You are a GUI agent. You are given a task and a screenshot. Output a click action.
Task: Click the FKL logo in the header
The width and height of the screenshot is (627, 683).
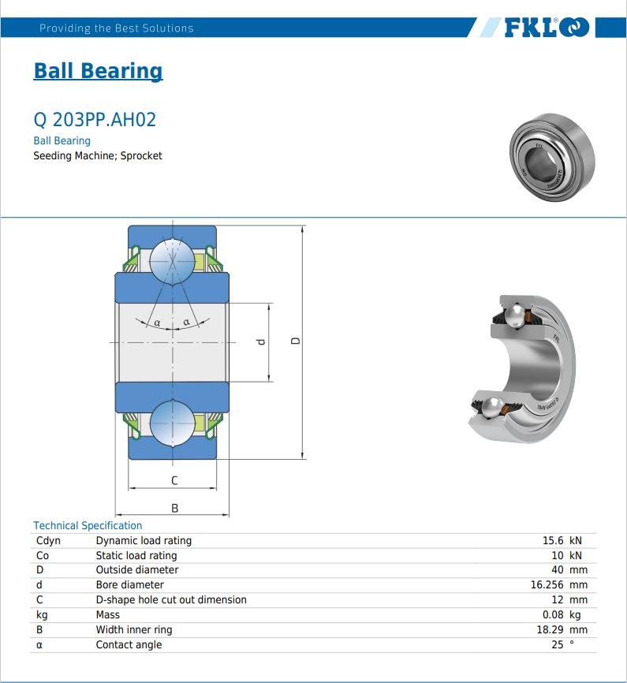[x=547, y=28]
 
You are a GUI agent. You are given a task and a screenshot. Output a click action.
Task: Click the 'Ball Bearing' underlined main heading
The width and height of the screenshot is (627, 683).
[x=98, y=71]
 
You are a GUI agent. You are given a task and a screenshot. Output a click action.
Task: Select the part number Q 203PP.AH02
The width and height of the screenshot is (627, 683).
[x=95, y=120]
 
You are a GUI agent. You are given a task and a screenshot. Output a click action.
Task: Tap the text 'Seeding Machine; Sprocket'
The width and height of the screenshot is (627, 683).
[x=98, y=155]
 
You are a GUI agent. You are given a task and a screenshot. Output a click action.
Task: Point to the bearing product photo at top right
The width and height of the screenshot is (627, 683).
[x=553, y=157]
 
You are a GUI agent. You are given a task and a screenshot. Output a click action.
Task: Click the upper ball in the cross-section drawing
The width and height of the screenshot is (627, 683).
[x=172, y=261]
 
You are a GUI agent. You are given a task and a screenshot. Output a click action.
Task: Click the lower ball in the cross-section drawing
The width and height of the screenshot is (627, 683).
[x=172, y=424]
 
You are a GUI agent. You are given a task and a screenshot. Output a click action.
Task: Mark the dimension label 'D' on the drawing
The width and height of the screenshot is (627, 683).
[x=296, y=341]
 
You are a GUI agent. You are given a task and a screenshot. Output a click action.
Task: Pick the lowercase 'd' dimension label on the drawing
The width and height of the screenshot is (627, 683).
[x=261, y=342]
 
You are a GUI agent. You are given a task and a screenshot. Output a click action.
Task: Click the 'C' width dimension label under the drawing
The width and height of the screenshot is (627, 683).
[x=174, y=480]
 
